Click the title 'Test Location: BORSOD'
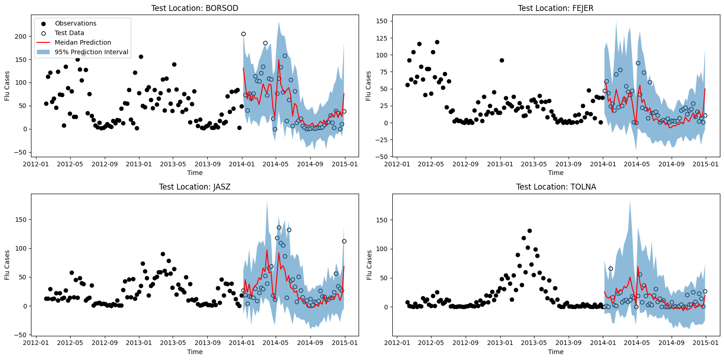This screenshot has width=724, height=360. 195,8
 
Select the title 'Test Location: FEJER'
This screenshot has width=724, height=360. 555,8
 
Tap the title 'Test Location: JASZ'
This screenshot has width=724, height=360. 195,187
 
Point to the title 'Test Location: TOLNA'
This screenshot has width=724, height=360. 555,187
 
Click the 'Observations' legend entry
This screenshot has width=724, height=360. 75,23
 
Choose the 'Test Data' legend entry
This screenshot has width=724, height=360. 69,33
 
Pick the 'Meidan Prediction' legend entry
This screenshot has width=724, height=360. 82,42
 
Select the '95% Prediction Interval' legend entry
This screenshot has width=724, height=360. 91,52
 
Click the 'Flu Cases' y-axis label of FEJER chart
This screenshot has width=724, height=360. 369,86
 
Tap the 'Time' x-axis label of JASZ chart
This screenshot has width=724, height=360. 195,352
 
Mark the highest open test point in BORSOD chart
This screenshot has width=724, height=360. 243,34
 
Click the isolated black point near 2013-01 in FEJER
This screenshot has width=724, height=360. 502,60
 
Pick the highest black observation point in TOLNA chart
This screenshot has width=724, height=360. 529,231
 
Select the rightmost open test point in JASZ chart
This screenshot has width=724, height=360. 344,242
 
